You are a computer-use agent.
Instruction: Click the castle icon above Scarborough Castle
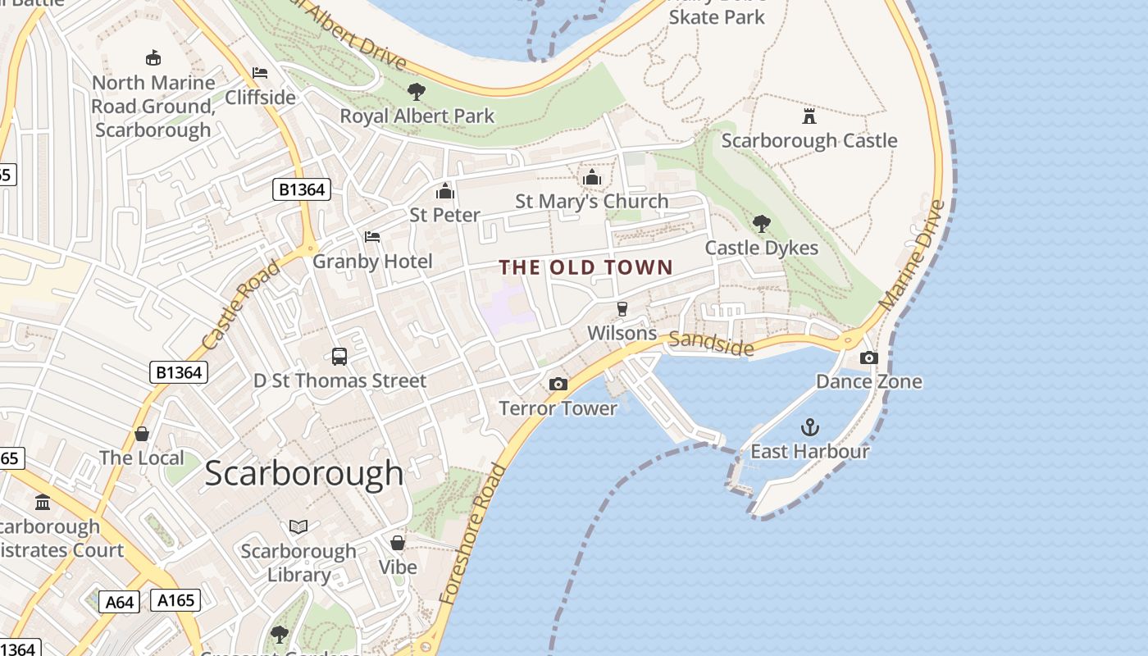(x=809, y=116)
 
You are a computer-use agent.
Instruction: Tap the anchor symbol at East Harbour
(x=809, y=427)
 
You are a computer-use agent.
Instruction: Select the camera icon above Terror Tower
(x=558, y=384)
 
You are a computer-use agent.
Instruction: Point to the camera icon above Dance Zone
(x=868, y=358)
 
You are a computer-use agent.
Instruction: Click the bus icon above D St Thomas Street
(x=339, y=356)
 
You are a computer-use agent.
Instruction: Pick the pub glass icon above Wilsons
(x=622, y=308)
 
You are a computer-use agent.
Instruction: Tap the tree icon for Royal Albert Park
(x=417, y=91)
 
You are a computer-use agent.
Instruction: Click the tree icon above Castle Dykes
(x=761, y=223)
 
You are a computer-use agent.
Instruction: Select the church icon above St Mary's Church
(x=591, y=177)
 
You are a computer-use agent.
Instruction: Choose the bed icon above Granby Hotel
(x=372, y=237)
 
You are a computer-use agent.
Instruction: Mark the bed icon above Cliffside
(x=260, y=73)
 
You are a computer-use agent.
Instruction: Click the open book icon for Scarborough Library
(x=298, y=526)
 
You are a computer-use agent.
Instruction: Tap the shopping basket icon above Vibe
(x=398, y=543)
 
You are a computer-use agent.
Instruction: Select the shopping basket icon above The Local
(x=142, y=433)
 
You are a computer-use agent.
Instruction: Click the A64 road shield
(x=120, y=603)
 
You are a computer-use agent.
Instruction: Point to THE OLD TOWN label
(x=586, y=267)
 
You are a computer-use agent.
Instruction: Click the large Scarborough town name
(x=304, y=474)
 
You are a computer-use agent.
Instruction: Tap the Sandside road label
(x=711, y=344)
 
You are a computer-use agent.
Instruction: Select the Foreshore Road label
(x=473, y=533)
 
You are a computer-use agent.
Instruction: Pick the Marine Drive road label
(x=912, y=255)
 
